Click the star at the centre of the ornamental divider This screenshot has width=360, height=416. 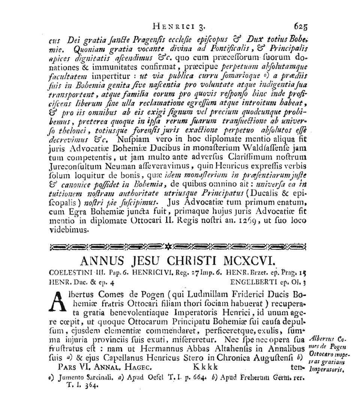(x=169, y=247)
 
